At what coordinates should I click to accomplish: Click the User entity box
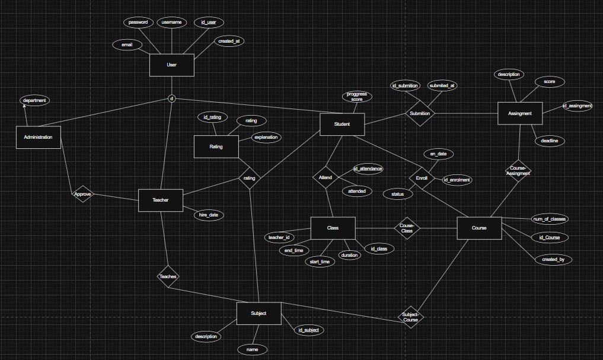coord(171,65)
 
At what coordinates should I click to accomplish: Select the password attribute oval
coord(138,22)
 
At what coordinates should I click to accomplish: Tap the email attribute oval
coord(127,44)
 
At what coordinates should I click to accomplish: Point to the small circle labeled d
coord(172,98)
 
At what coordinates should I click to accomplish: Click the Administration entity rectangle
coord(38,137)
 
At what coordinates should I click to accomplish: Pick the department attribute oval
coord(34,101)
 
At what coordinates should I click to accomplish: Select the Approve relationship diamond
coord(82,194)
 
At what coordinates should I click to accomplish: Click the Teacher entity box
coord(161,200)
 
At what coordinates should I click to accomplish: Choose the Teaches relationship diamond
coord(168,276)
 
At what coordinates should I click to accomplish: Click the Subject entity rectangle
coord(259,313)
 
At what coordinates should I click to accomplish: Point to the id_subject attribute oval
coord(309,330)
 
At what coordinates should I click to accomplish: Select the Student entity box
coord(342,125)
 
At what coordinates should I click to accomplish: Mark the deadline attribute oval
coord(548,141)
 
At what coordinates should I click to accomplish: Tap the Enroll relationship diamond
coord(422,179)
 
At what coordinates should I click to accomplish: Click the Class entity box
coord(333,228)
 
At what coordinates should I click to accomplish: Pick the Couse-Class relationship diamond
coord(407,228)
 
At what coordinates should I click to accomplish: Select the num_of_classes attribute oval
coord(550,219)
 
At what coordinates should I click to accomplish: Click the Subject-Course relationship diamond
coord(410,317)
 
